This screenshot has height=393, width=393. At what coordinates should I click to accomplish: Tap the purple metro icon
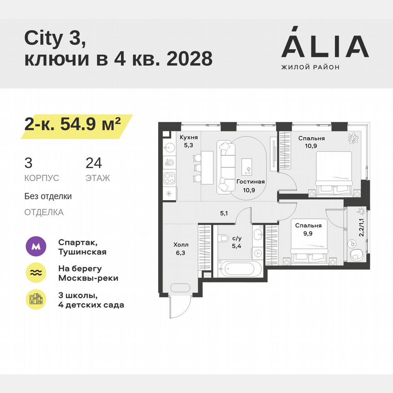(x=35, y=247)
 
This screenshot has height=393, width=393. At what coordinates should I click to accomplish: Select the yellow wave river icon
(x=35, y=273)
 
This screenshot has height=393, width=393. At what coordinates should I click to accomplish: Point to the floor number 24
(x=94, y=163)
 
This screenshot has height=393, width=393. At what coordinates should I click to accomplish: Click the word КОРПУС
(x=42, y=178)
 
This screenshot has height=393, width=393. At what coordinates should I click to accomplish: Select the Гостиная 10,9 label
(x=251, y=185)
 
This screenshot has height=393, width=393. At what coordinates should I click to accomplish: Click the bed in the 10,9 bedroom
(x=333, y=171)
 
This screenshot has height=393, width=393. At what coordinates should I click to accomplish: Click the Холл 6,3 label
(x=181, y=248)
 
